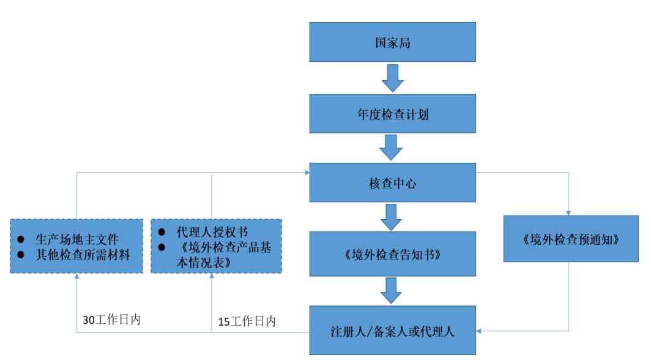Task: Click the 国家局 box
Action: (x=392, y=42)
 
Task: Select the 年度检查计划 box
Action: (x=392, y=114)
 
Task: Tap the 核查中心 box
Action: (x=392, y=182)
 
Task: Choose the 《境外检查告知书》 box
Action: (x=392, y=253)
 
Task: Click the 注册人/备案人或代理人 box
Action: (x=392, y=331)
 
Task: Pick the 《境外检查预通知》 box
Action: (x=570, y=239)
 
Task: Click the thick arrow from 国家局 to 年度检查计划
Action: (x=392, y=78)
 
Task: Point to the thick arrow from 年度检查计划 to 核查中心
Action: (x=392, y=148)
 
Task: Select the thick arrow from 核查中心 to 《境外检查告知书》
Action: (x=392, y=217)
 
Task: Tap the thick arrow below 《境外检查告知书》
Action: (x=392, y=290)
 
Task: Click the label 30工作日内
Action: (x=111, y=320)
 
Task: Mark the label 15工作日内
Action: (x=247, y=321)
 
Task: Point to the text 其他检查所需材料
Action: (x=83, y=255)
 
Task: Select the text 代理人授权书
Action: (x=212, y=232)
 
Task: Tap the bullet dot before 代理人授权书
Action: (x=162, y=232)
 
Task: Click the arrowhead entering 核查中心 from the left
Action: (x=306, y=173)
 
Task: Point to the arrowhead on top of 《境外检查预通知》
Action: (x=568, y=212)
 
